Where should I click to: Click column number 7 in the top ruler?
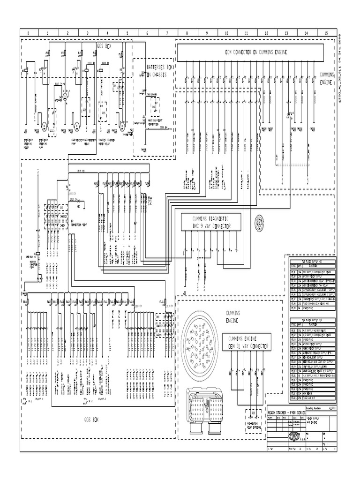(167, 33)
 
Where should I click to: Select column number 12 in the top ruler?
(266, 33)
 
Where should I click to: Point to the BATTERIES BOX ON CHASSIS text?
(160, 71)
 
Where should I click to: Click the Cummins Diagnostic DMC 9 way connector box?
(210, 223)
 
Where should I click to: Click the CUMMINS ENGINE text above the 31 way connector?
(232, 316)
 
